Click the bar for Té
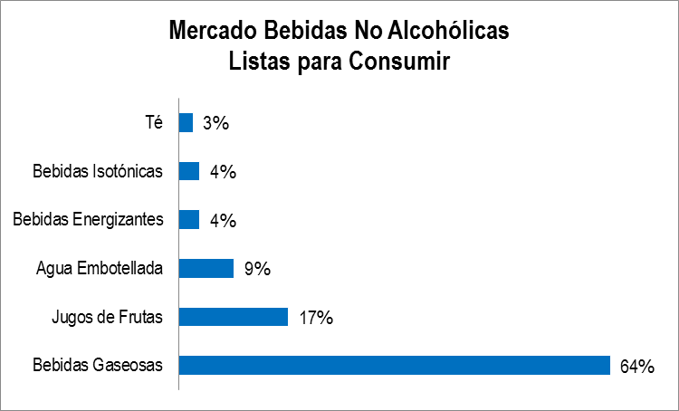[186, 122]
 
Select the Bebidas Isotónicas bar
[189, 171]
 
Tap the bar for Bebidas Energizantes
[189, 220]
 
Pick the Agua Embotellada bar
[206, 268]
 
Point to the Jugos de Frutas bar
[234, 317]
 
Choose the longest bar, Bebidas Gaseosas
[395, 365]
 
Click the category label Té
[154, 122]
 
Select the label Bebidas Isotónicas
[98, 171]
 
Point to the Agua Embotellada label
[100, 269]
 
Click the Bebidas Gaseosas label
[98, 366]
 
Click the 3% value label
[215, 123]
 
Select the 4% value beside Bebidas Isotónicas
[223, 172]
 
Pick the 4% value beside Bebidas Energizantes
[223, 221]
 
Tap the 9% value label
[257, 269]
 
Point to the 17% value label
[317, 318]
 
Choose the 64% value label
[637, 367]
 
